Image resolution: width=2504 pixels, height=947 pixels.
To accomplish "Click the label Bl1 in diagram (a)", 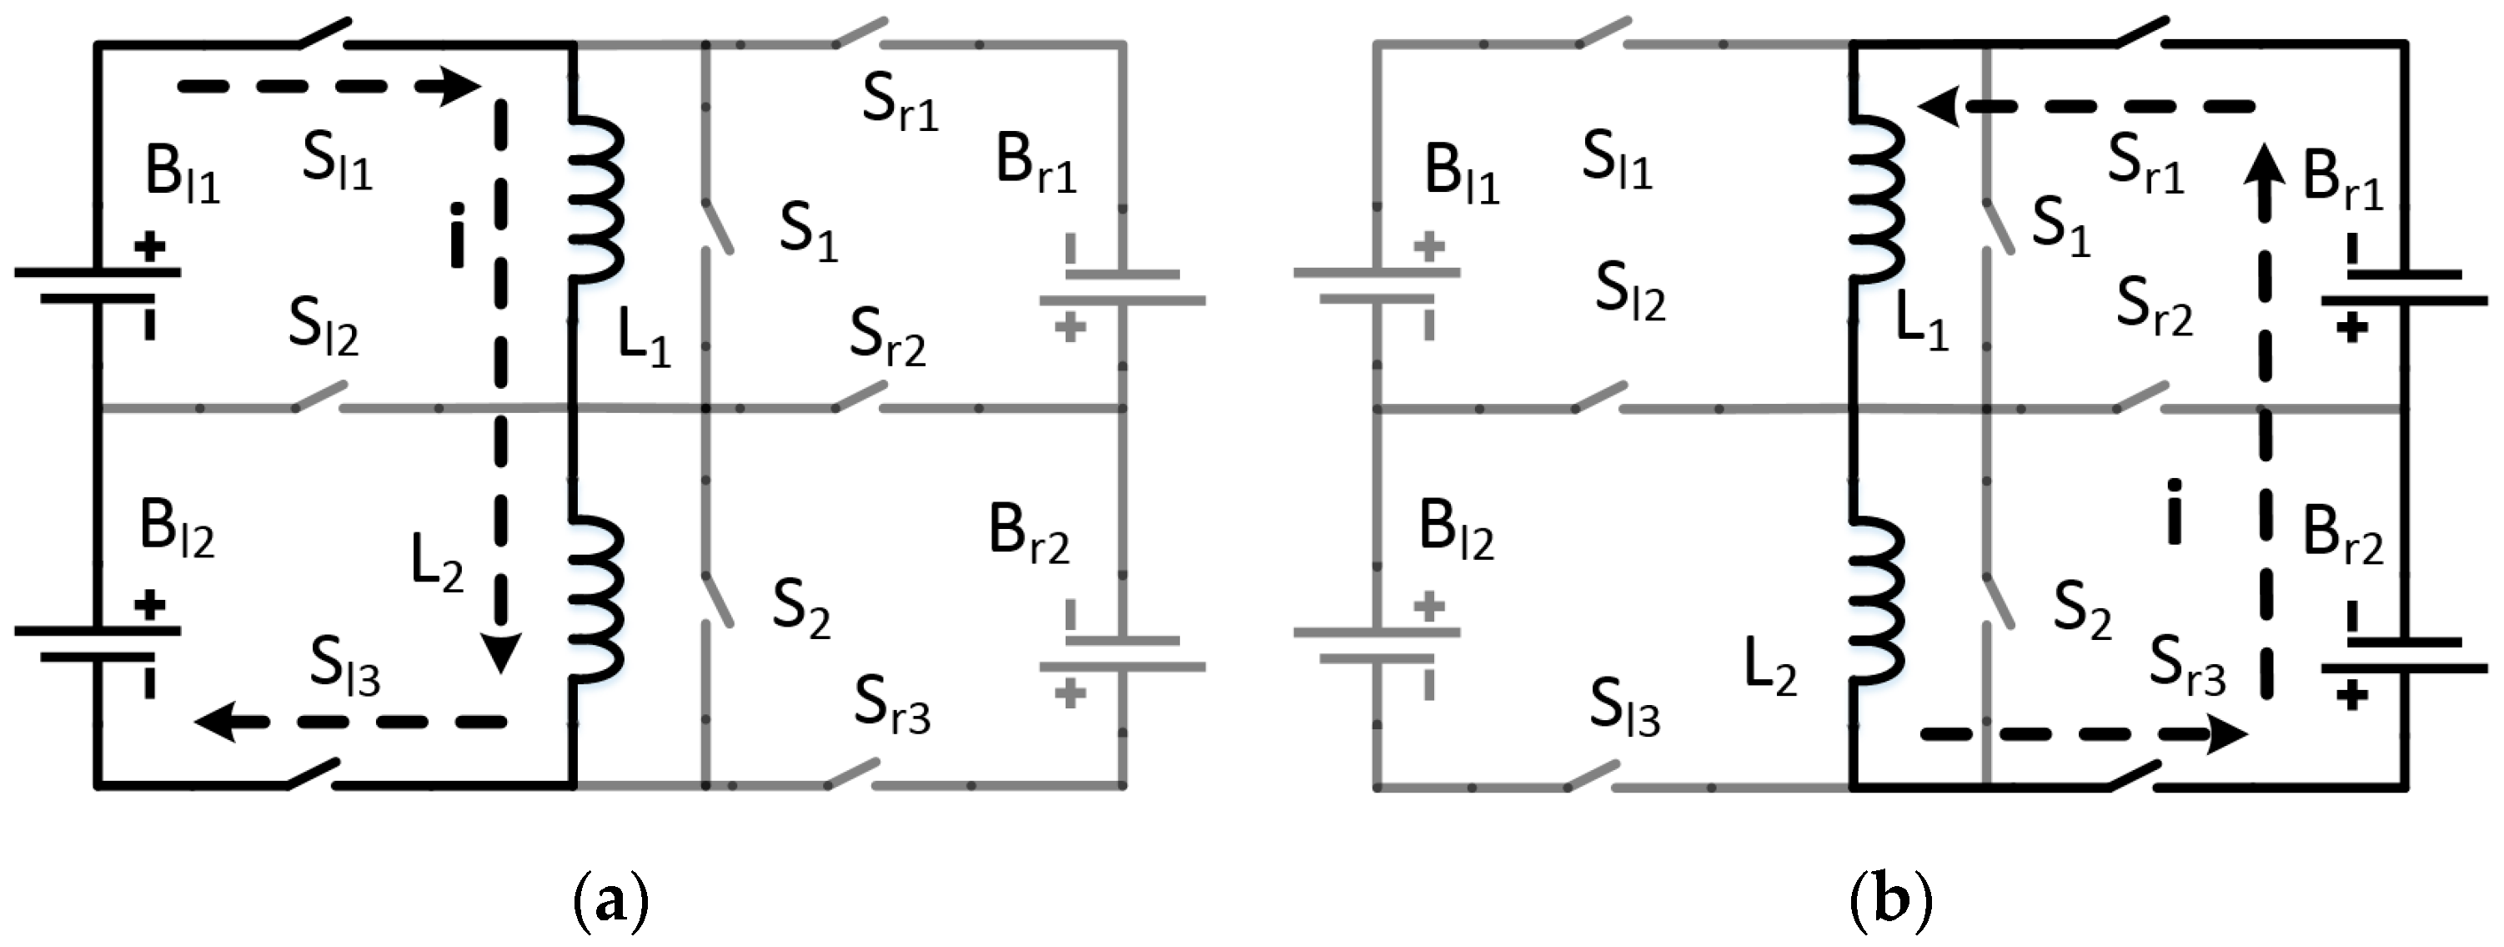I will point(182,175).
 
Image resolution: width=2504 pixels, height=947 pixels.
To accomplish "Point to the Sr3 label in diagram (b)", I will point(2187,669).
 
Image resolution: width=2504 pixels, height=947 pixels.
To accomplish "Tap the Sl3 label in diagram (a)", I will point(345,668).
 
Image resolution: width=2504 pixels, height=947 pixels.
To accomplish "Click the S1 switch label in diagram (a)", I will point(808,234).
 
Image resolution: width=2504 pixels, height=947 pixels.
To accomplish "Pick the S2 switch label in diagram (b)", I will point(2082,612).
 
